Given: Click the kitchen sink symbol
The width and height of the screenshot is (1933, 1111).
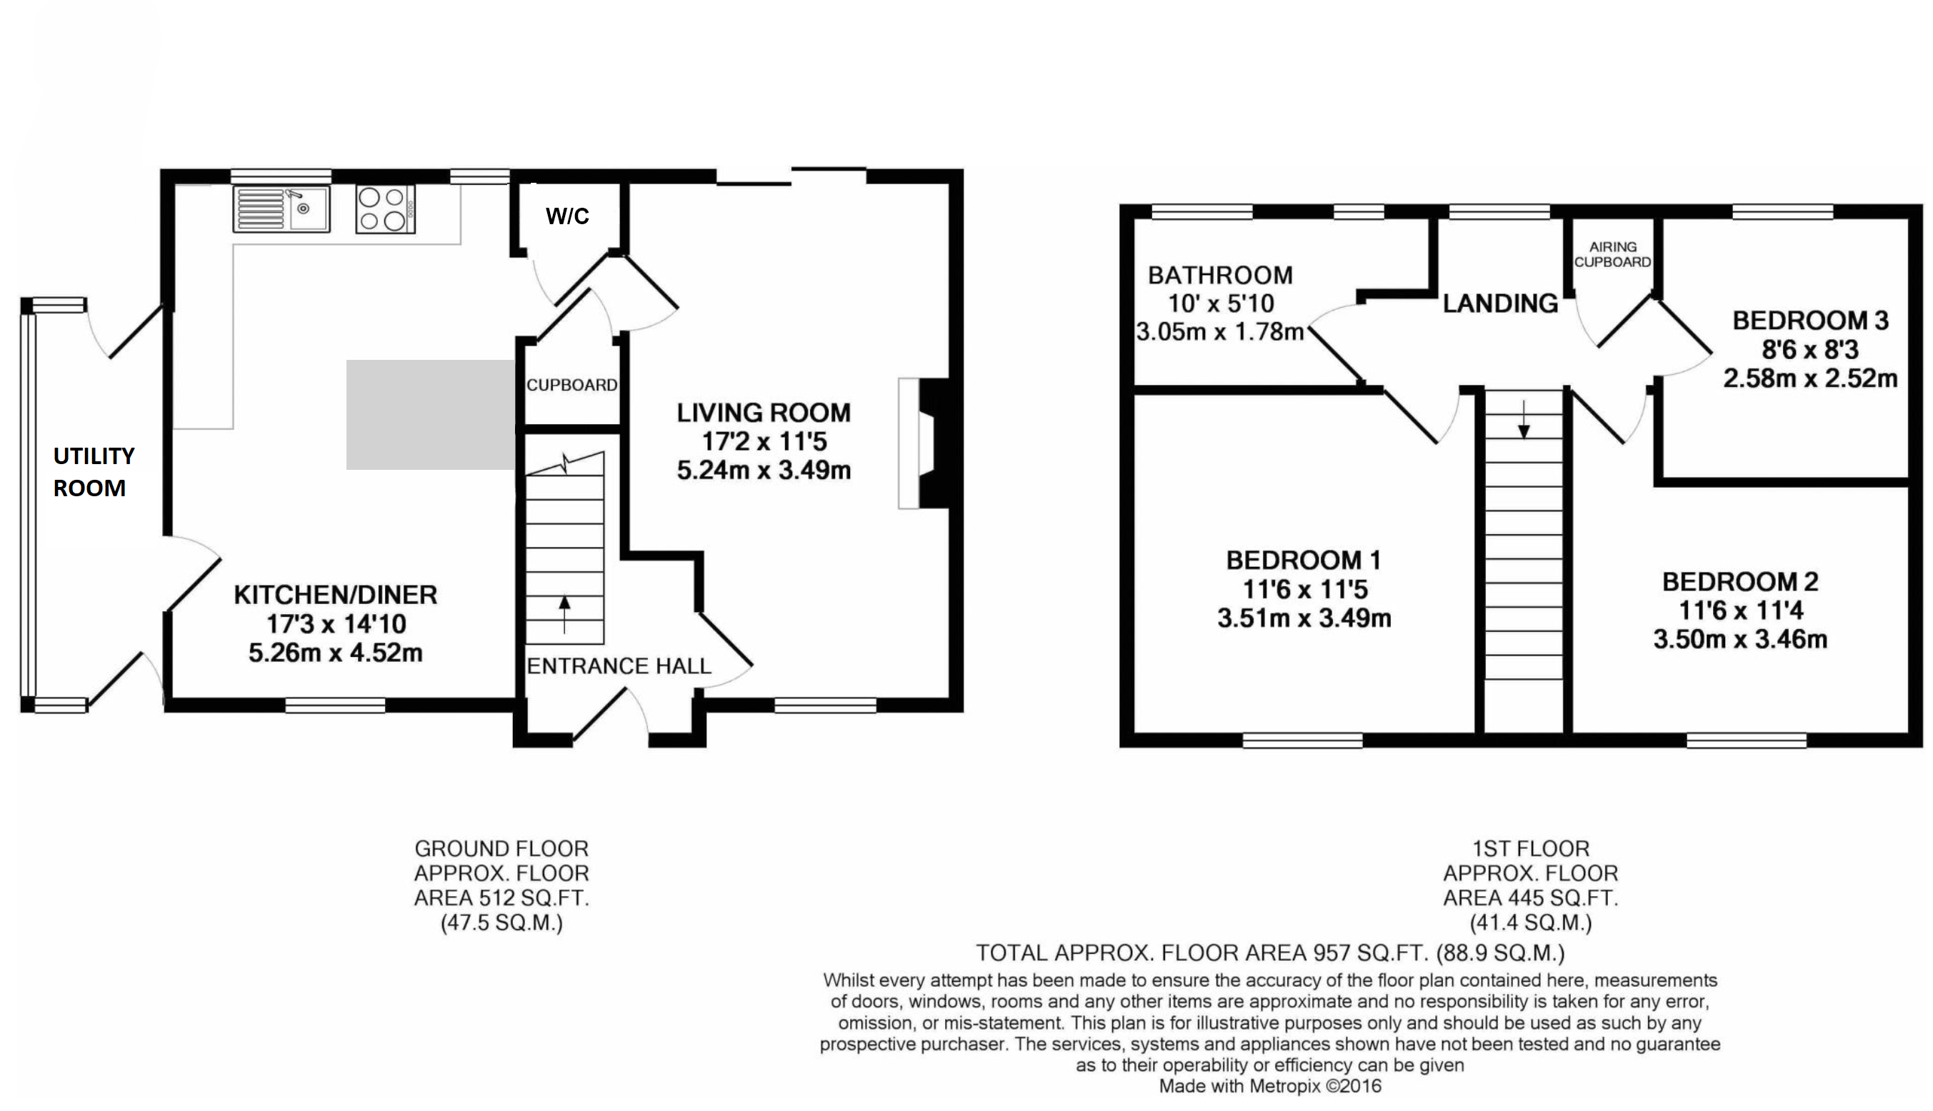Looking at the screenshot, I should pyautogui.click(x=281, y=208).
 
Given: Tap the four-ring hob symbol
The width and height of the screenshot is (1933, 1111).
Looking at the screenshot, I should pyautogui.click(x=385, y=209).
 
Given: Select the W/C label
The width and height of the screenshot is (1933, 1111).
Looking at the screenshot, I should pyautogui.click(x=567, y=217).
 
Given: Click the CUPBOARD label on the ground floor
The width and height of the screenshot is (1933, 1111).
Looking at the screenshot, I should pyautogui.click(x=571, y=386).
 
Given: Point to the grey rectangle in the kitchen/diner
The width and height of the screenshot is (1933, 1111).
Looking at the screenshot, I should pyautogui.click(x=430, y=414).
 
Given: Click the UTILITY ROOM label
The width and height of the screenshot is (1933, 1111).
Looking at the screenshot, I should pyautogui.click(x=93, y=471).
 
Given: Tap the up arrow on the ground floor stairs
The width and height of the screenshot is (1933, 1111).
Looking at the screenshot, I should pyautogui.click(x=564, y=613).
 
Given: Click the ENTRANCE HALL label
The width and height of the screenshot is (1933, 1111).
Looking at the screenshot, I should pyautogui.click(x=619, y=666).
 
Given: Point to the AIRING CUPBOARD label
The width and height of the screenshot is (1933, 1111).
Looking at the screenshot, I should pyautogui.click(x=1612, y=254).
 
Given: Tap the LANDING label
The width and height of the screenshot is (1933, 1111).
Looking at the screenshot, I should pyautogui.click(x=1499, y=303).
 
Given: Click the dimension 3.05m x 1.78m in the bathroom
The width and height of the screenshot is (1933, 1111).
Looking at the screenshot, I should pyautogui.click(x=1219, y=333).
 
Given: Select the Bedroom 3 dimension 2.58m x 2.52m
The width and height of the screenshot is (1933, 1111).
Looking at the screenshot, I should pyautogui.click(x=1810, y=378).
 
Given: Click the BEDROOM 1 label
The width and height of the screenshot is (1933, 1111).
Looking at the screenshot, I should pyautogui.click(x=1303, y=560).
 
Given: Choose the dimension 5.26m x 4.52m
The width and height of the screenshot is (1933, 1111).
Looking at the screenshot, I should pyautogui.click(x=335, y=653).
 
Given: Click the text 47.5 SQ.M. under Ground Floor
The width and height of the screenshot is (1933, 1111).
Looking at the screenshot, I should pyautogui.click(x=501, y=923).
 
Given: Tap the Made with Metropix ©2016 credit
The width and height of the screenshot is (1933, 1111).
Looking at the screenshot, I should pyautogui.click(x=1269, y=1086).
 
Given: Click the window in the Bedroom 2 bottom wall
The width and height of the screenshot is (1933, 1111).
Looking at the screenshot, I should pyautogui.click(x=1746, y=740).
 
